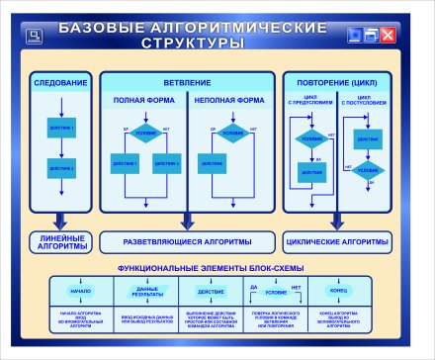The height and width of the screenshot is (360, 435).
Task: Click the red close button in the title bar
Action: point(388,37)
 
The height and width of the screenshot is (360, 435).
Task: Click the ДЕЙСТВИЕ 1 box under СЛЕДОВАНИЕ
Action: point(62,130)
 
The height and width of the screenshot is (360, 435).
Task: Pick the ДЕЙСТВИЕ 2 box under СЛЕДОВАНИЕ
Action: point(62,169)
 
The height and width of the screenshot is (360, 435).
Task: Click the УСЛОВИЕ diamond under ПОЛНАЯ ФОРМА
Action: point(146,133)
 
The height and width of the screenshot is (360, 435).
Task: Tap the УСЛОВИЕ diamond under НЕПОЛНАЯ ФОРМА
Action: point(233,133)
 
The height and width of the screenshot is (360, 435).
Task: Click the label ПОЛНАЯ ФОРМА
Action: point(146,100)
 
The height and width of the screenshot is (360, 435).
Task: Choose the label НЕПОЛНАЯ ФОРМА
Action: point(228,100)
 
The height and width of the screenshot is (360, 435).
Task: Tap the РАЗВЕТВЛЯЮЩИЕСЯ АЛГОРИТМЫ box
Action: point(189,241)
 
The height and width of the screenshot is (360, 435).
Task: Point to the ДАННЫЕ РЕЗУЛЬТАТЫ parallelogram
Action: point(146,293)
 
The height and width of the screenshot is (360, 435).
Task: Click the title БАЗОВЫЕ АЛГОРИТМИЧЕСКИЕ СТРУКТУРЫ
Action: point(193,38)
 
